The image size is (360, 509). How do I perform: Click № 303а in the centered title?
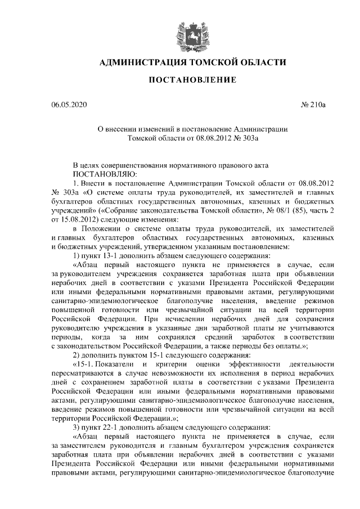pos(245,137)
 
